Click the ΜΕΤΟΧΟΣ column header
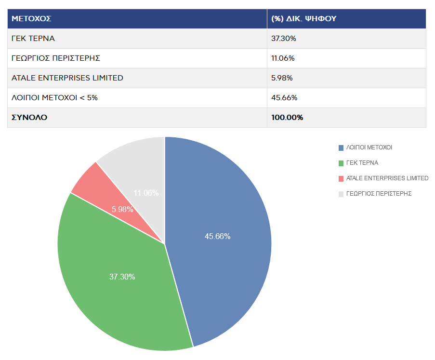pos(32,19)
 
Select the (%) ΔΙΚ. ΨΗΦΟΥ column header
pos(303,19)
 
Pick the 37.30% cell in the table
pos(284,39)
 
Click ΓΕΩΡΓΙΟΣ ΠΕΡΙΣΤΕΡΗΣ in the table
pos(55,58)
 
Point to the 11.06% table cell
pos(283,58)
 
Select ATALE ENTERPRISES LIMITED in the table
pos(67,78)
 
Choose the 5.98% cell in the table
pos(282,78)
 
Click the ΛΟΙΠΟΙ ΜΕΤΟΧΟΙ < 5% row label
pos(54,98)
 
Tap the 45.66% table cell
pos(284,98)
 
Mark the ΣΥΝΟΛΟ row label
pos(29,118)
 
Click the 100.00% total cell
pos(287,118)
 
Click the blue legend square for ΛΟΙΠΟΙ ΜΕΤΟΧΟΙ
pos(341,147)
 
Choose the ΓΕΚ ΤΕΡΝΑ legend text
pos(362,163)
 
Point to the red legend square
pos(341,178)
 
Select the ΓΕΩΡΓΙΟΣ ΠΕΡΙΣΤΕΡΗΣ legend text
pos(379,194)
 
